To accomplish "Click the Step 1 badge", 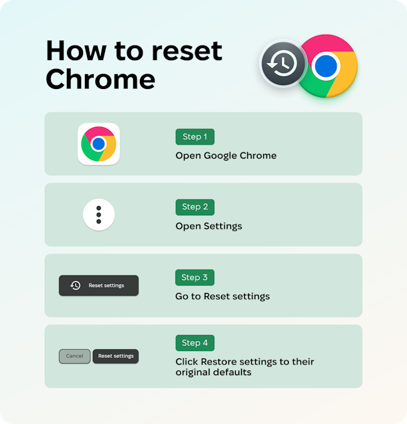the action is [195, 137].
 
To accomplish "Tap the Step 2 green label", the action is [195, 207].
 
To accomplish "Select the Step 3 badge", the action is [195, 278].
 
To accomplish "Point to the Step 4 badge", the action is [195, 343].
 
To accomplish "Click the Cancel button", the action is [75, 356].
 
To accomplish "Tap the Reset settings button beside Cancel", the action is [116, 356].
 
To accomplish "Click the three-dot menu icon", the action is [99, 215].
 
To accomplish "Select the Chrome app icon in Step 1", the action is [99, 144].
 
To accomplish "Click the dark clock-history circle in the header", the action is [283, 64].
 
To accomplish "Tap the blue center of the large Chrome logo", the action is [326, 66].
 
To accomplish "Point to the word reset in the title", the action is [187, 51].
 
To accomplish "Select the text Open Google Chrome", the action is [226, 156].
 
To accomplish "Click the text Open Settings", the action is [209, 226].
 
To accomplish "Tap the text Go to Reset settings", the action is [222, 296].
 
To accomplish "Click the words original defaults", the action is [214, 373].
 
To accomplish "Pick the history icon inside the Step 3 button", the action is [75, 286].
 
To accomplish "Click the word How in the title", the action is [76, 51].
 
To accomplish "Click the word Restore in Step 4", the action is [219, 362].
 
